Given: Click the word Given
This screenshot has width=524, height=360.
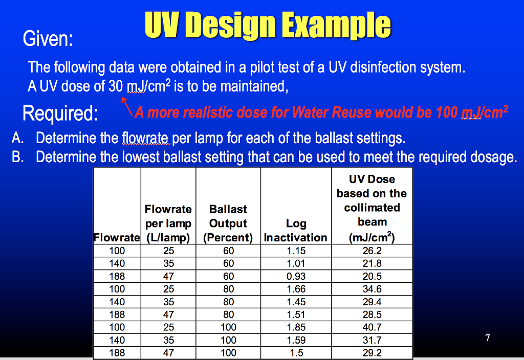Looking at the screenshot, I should pos(48,39).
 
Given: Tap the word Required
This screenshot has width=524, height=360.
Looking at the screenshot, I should pos(60,113).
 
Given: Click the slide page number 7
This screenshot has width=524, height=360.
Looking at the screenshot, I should pos(488,337).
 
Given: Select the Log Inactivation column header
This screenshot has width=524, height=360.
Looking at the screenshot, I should pos(295,230).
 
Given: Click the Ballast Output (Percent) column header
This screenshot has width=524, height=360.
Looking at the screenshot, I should pos(228,223).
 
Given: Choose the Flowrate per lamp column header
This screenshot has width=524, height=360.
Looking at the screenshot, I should pos(168,223).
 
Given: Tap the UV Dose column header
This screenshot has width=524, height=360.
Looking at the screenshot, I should pos(372,208).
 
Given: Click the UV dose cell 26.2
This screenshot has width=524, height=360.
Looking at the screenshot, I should pos(372,251).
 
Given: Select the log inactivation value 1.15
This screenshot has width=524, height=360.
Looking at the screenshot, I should pos(296,251).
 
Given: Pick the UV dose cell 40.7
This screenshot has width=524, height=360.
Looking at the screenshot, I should pos(372,327).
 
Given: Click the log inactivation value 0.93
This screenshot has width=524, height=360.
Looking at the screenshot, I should pos(296,276).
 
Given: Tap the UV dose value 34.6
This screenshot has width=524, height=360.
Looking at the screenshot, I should pos(372,289).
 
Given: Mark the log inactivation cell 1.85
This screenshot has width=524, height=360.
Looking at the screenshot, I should pos(296,327).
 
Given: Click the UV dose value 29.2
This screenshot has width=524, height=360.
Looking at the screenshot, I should pos(372,353).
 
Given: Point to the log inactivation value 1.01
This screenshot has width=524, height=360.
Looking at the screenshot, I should pos(296,263).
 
